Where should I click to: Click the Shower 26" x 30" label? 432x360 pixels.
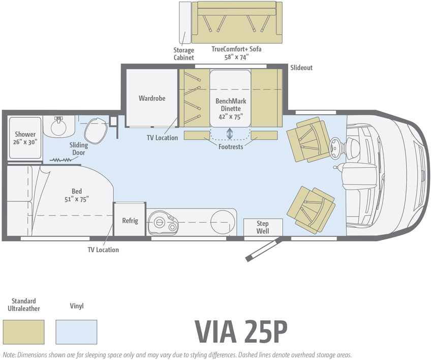25,138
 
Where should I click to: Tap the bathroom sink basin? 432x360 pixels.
58,127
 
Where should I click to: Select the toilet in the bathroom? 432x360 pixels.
96,131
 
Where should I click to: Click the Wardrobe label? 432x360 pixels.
152,98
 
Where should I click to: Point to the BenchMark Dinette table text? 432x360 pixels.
231,109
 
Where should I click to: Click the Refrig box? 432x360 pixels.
130,220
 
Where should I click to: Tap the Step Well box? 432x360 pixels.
263,227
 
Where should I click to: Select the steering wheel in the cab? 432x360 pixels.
336,148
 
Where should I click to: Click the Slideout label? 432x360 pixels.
301,68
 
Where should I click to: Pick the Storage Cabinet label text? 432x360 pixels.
183,54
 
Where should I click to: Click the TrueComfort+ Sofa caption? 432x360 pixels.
236,53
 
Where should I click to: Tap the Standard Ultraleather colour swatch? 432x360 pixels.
24,332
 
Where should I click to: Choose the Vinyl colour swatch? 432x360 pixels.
76,332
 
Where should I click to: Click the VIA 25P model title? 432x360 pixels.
241,332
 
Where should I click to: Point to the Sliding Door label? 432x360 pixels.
78,149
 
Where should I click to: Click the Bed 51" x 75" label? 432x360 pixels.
77,195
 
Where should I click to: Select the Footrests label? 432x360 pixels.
231,146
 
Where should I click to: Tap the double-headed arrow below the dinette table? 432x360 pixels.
229,134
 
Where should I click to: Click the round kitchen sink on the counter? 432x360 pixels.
223,222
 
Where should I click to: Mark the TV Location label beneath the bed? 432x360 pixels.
103,250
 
